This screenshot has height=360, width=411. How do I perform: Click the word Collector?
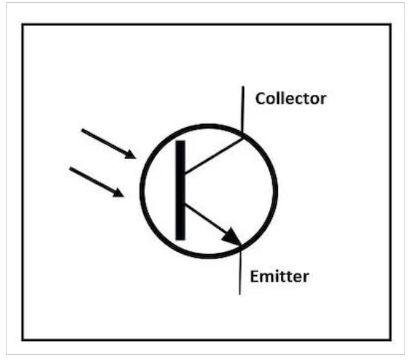(x=290, y=99)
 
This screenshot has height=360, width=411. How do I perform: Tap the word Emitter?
(x=280, y=277)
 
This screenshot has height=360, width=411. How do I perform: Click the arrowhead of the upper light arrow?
(x=131, y=155)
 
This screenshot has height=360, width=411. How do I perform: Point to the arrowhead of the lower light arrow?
(x=118, y=193)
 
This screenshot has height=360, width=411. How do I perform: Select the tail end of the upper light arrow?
(x=82, y=130)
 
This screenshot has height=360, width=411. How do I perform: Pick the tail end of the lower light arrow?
(x=70, y=168)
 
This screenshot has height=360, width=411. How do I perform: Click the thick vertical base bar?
(x=180, y=190)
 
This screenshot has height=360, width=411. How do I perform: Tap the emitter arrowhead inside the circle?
(x=232, y=237)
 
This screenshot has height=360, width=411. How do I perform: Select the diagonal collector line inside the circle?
(x=214, y=156)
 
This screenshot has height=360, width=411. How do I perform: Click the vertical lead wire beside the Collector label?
(x=243, y=110)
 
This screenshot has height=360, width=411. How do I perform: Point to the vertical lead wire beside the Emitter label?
(x=240, y=271)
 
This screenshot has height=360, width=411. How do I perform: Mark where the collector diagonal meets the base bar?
(x=185, y=173)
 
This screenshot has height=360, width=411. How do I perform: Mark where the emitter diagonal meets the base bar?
(x=185, y=205)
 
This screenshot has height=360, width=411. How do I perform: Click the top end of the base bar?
(x=180, y=141)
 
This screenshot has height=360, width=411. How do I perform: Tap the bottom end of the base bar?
(x=180, y=240)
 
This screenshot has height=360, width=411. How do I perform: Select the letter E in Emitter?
(x=255, y=277)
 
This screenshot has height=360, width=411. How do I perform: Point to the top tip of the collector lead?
(x=243, y=86)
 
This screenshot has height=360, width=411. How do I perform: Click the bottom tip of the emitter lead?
(x=240, y=294)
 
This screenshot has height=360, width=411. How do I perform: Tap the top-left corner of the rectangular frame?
(x=23, y=25)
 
